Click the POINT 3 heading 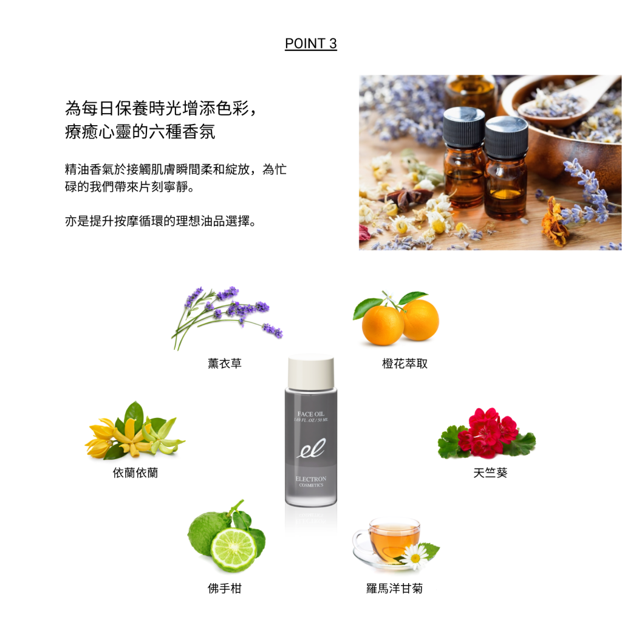coord(310,43)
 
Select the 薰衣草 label coord(225,363)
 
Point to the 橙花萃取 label coord(405,363)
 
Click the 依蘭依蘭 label coord(135,473)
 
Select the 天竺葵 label coord(490,473)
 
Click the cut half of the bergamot coord(234,549)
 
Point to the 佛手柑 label coord(225,588)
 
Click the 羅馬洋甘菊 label coord(394,588)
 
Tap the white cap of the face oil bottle coord(311,372)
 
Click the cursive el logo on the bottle coord(312,448)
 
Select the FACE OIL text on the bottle coord(310,414)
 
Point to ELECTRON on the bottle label coord(311,479)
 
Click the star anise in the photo coord(405,198)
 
